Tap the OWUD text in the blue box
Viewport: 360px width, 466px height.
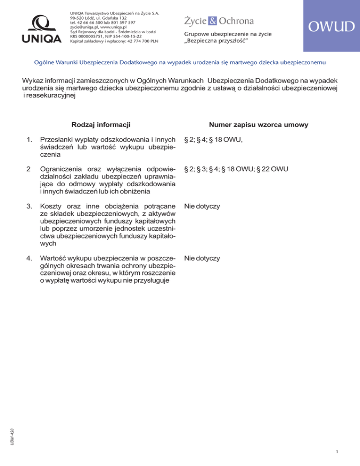331,27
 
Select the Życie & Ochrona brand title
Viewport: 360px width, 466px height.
218,21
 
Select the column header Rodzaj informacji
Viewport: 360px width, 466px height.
101,124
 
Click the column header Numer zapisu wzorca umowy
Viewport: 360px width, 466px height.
258,124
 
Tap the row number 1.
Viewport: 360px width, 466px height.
30,140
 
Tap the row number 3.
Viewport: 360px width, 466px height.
30,206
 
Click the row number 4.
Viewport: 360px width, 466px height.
30,258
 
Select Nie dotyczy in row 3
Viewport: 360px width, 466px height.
202,206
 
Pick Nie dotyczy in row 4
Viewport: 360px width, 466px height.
202,258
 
